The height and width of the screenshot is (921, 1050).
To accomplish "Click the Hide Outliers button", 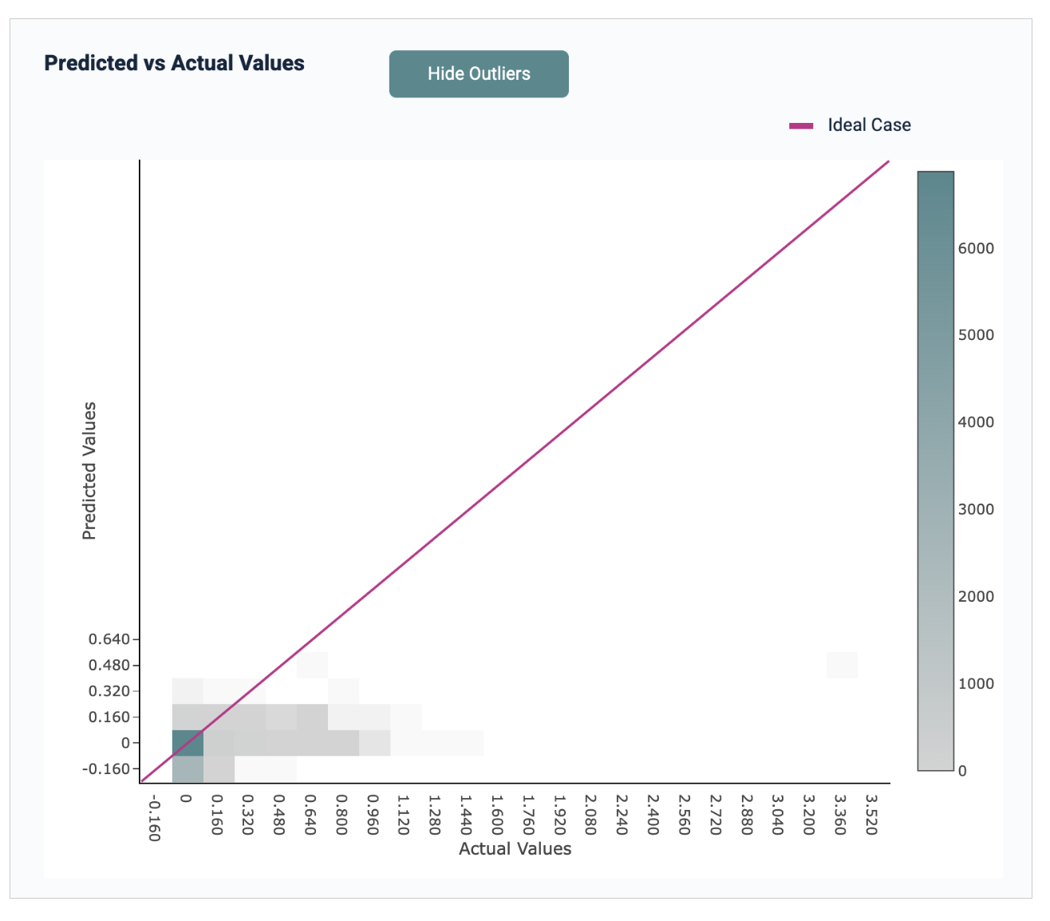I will (x=479, y=74).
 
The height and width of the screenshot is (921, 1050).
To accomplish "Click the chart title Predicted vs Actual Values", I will (x=174, y=63).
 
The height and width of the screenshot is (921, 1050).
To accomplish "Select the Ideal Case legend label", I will (x=869, y=125).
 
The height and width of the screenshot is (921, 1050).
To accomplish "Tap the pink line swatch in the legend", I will (x=801, y=126).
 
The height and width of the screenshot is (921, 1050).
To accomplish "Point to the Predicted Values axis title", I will (x=89, y=471).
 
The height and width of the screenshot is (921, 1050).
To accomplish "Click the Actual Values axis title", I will (x=515, y=849).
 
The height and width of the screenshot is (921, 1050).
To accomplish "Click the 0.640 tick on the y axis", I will (x=109, y=639).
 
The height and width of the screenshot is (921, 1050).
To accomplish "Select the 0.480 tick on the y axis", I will (x=109, y=666).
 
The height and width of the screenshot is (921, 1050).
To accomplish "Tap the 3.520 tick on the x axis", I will (x=871, y=814).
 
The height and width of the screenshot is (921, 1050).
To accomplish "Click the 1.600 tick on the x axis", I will (x=497, y=814).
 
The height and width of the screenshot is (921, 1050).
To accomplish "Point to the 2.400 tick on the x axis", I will (x=653, y=814).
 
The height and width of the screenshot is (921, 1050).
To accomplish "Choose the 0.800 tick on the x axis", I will (x=341, y=814).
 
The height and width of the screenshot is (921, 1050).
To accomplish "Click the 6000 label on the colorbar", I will (x=976, y=249).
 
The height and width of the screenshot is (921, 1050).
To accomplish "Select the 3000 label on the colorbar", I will (x=976, y=510).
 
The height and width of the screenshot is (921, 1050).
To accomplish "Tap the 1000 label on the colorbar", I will (x=976, y=684).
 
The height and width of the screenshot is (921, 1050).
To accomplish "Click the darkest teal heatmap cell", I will (x=187, y=743).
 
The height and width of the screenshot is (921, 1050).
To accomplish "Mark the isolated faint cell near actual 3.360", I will (x=842, y=665).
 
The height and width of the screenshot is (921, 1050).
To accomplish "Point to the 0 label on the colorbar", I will (x=962, y=772).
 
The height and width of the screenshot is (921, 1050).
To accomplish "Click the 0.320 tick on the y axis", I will (x=109, y=691).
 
